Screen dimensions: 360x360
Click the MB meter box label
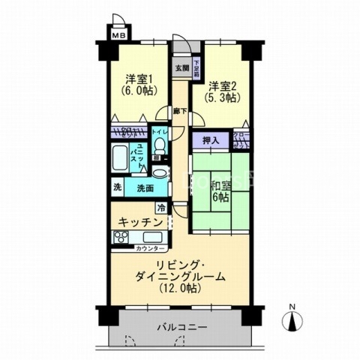[x=118, y=34]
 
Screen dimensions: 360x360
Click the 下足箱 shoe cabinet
[x=196, y=68]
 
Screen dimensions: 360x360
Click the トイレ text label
[x=159, y=132]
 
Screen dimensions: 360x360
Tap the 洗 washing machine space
[x=118, y=187]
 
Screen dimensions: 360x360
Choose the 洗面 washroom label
[x=145, y=187]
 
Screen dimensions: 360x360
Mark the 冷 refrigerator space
[x=160, y=208]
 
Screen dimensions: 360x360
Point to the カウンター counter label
[x=151, y=247]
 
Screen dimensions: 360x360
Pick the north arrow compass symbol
[x=293, y=321]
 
